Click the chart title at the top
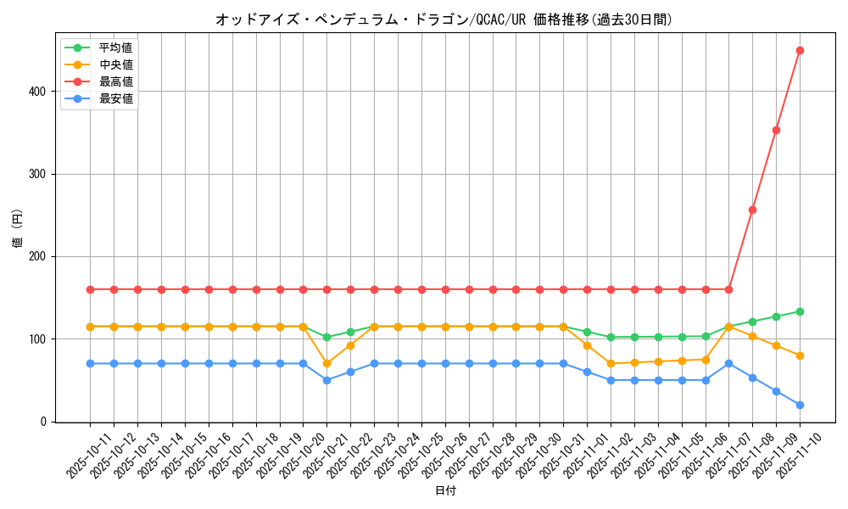pos(444,20)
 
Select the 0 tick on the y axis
pos(46,422)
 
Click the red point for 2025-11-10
pos(800,50)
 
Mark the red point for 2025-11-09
pos(776,130)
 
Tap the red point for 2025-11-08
pos(752,210)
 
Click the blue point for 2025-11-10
pos(800,405)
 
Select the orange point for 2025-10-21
pos(326,363)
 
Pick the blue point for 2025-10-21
pos(326,380)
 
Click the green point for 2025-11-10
pos(800,311)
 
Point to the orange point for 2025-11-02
pos(611,363)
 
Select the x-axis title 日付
pos(445,491)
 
